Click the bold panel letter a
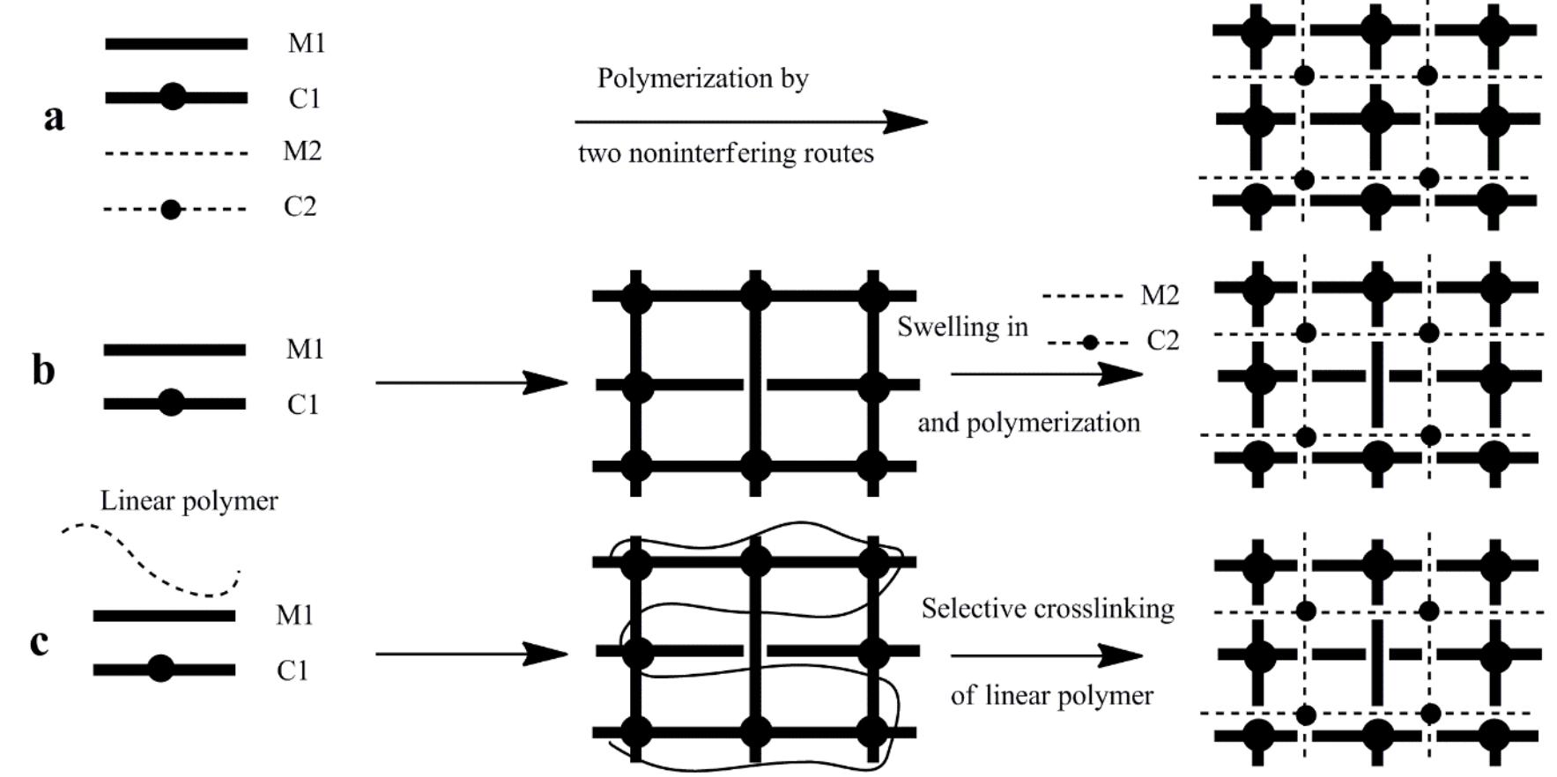pos(54,117)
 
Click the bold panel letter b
pos(43,370)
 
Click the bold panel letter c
pos(39,642)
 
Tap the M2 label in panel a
pos(302,152)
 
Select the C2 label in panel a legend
pos(300,207)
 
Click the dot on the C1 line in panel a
pos(173,97)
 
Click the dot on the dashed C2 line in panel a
pos(171,210)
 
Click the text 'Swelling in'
pos(962,327)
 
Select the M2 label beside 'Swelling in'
pos(1160,296)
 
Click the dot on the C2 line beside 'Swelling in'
pos(1090,343)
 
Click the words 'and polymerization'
pos(1028,423)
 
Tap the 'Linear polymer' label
pos(189,501)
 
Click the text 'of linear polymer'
pos(1051,696)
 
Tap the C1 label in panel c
pos(293,671)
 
